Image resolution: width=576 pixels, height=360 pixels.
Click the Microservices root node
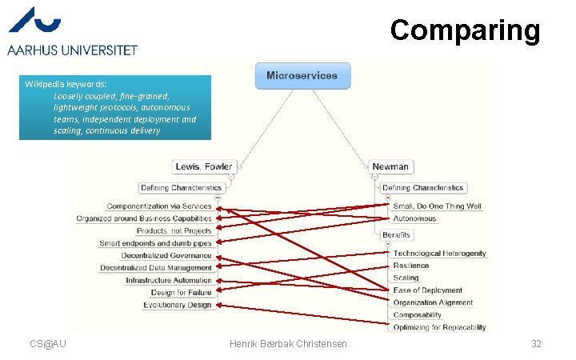click(302, 76)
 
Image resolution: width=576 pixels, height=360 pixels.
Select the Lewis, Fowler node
click(203, 166)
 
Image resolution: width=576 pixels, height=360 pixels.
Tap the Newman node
click(390, 166)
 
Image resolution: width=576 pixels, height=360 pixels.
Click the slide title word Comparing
click(466, 30)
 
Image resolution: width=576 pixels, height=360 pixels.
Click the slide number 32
click(536, 343)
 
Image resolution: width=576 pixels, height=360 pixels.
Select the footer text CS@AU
click(48, 343)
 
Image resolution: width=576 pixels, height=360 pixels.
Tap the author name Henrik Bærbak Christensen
click(288, 343)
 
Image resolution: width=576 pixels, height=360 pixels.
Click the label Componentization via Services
click(159, 206)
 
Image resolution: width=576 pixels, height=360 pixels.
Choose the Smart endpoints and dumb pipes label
click(155, 243)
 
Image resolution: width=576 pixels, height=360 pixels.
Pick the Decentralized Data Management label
click(156, 268)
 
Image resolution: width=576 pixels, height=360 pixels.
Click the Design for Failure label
click(181, 293)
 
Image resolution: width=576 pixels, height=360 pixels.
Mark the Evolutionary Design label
click(178, 305)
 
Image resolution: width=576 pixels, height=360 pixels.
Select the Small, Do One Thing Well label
click(438, 206)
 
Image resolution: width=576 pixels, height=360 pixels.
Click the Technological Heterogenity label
click(439, 254)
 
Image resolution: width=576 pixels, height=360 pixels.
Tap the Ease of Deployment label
click(428, 290)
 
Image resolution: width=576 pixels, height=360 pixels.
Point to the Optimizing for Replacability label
click(439, 327)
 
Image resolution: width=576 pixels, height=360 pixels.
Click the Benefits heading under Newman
click(396, 235)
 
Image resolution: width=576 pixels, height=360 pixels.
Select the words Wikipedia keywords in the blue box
click(65, 84)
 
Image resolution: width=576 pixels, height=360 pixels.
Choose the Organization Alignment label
click(433, 303)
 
